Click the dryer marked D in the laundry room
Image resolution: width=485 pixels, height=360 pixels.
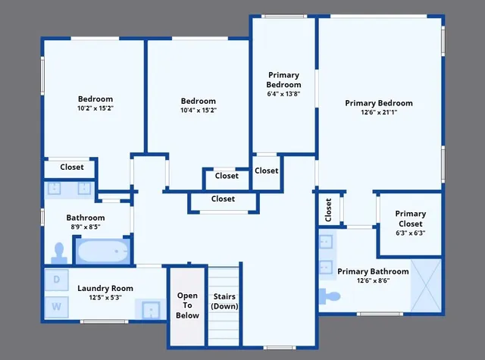57,279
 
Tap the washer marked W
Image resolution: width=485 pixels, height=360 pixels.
57,306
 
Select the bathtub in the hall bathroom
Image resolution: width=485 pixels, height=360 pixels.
102,250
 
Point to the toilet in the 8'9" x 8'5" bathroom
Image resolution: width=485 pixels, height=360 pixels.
59,251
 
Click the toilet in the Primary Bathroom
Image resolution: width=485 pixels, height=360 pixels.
332,295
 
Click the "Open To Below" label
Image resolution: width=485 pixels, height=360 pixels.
187,305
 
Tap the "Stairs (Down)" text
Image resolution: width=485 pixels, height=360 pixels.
224,301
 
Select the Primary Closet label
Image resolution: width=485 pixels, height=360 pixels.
410,219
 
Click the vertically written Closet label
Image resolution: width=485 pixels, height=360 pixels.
328,210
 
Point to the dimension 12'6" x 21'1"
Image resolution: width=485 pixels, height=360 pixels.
378,113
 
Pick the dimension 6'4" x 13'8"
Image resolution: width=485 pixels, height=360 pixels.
283,94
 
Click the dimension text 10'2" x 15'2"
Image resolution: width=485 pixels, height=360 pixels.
95,108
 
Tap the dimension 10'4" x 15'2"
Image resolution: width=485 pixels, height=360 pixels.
198,110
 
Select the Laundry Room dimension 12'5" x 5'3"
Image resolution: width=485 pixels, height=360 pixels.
105,297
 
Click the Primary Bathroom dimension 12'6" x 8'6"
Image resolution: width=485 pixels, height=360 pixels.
373,280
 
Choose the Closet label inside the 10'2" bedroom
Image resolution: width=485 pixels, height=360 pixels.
72,167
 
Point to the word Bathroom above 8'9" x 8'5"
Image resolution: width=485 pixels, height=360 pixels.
85,218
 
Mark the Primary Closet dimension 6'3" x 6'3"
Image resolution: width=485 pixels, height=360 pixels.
410,233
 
